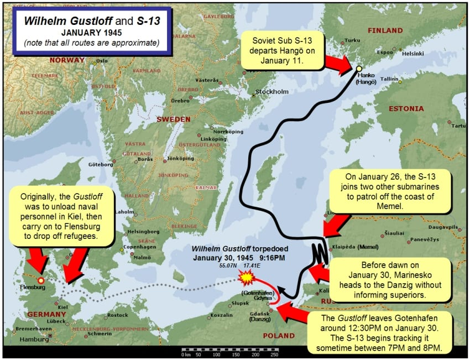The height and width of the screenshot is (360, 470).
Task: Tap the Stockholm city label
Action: [272, 91]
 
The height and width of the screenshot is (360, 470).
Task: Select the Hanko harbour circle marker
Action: [359, 69]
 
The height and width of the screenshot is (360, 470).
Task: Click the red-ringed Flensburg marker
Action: [40, 281]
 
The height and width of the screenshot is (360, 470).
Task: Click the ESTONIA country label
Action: [406, 108]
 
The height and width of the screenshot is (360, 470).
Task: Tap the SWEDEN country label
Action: [174, 119]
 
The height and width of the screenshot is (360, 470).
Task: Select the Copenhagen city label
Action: [135, 247]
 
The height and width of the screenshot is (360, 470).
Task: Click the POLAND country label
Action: [279, 336]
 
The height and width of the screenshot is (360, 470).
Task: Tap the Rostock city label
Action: [118, 315]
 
